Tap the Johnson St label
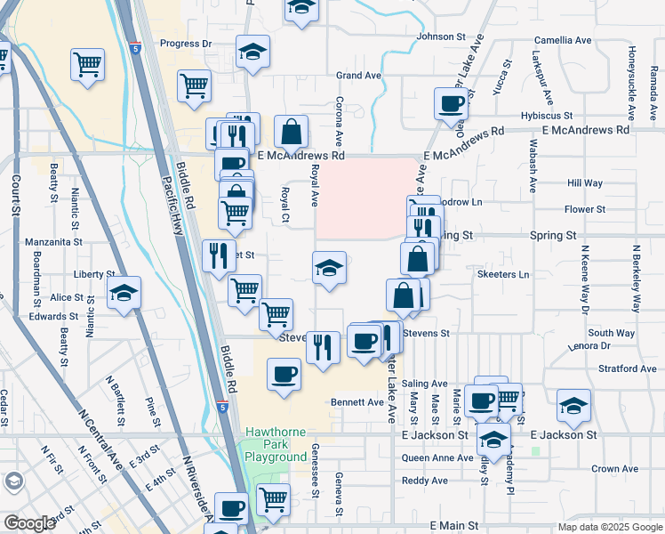[441, 36]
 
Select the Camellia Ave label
[562, 41]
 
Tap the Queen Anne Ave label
[437, 458]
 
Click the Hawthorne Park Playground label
[276, 444]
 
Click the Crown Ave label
[614, 469]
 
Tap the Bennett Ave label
[357, 402]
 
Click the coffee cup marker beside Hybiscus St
[452, 103]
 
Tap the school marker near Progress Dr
[252, 51]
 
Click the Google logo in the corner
[29, 523]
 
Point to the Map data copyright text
[609, 527]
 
